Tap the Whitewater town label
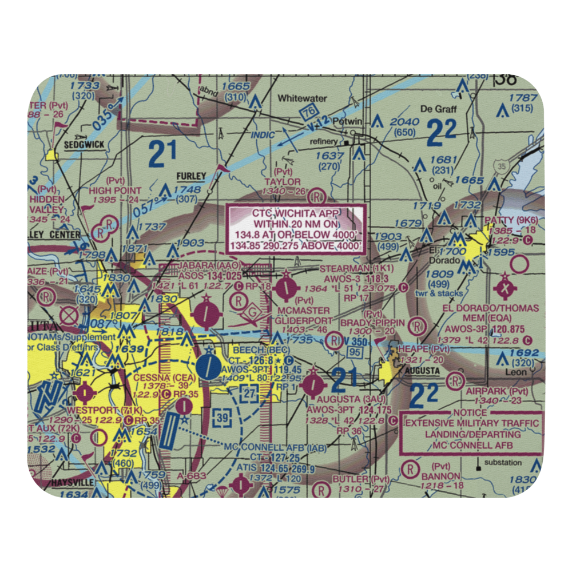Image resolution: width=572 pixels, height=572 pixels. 302,98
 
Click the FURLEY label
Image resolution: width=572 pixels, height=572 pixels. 191,176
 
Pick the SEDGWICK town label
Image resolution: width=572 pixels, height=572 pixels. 84,145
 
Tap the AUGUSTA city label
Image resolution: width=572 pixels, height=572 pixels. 422,371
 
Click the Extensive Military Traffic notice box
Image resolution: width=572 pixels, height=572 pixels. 472,434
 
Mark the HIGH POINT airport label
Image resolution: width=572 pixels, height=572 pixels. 115,190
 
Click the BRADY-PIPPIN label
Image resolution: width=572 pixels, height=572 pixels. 372,323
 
